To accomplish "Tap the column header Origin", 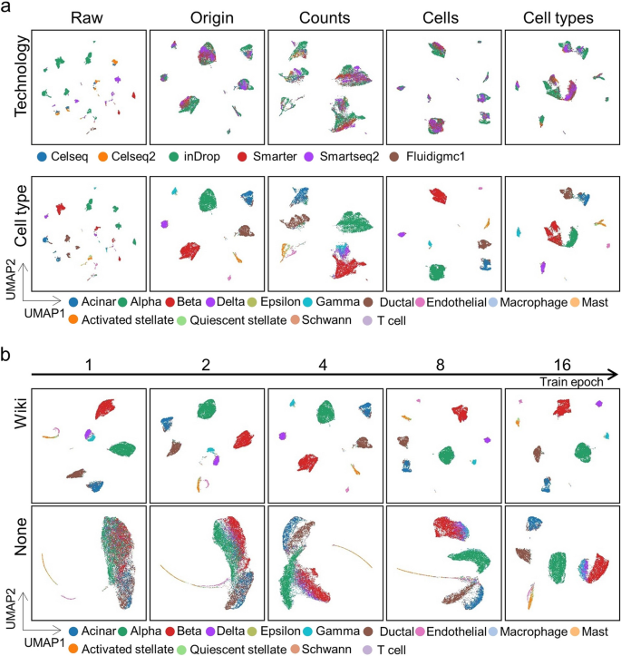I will [x=206, y=18].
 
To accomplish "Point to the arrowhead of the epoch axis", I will [x=615, y=373].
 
